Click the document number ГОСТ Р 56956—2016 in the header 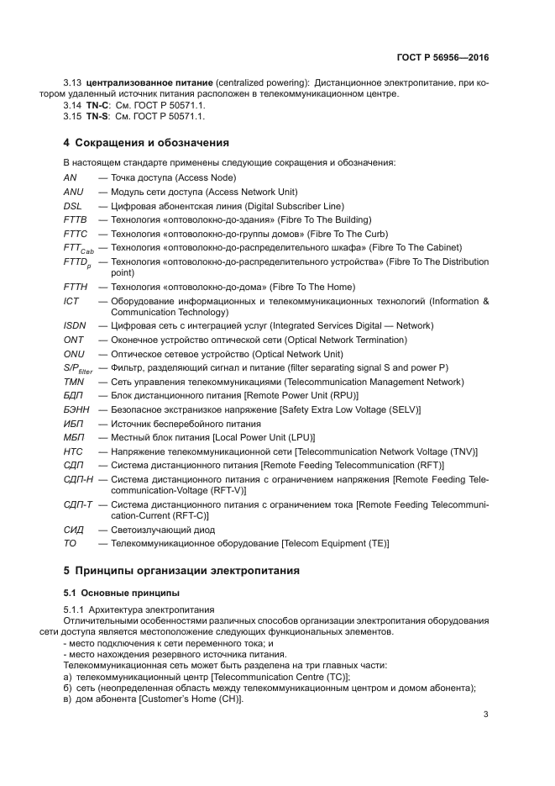coord(442,58)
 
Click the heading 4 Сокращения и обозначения coord(146,142)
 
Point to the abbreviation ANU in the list coord(74,192)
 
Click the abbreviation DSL coord(73,205)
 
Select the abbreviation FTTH coord(76,287)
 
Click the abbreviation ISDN coord(75,325)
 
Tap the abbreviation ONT coord(74,340)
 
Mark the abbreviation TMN coord(74,382)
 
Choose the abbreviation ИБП coord(74,424)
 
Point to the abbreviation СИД coord(74,530)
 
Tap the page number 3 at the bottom coord(486,715)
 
